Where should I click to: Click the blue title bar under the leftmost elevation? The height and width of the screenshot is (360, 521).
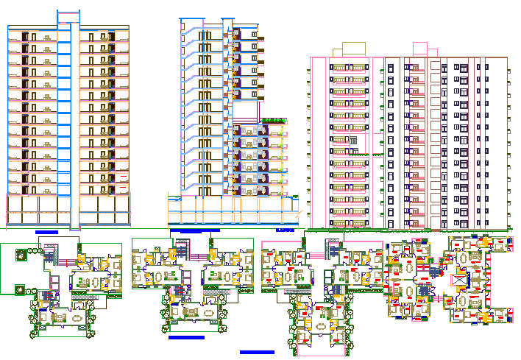(46, 232)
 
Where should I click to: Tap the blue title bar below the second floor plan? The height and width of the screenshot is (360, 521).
(185, 337)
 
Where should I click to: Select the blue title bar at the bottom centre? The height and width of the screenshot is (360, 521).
(257, 352)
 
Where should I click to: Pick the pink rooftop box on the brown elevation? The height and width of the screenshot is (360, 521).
(420, 49)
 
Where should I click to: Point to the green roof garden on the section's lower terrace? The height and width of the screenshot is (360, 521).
(273, 119)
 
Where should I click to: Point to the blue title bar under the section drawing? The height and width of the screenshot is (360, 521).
(195, 230)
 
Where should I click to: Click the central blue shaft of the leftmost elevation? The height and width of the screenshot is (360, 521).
(68, 125)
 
